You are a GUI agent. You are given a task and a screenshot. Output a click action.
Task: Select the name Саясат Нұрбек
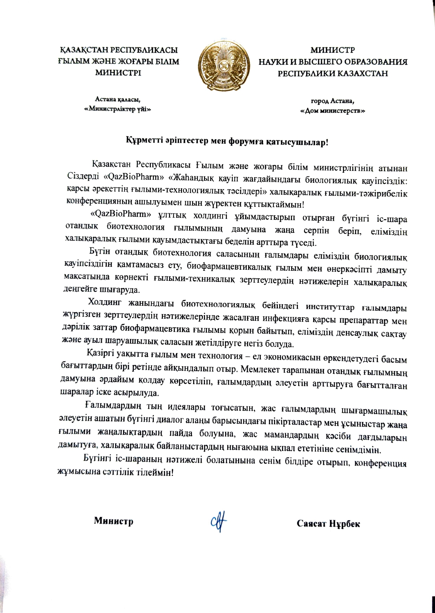point(328,524)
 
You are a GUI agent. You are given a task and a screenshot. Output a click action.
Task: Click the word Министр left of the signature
point(113,521)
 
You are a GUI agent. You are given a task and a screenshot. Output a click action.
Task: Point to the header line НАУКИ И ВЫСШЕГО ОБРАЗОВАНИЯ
point(333,62)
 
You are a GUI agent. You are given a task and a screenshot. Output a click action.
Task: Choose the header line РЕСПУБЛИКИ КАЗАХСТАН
point(333,73)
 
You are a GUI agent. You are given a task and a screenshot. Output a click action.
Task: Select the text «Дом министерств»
point(333,111)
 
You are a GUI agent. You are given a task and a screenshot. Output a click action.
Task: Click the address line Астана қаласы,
point(118,99)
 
